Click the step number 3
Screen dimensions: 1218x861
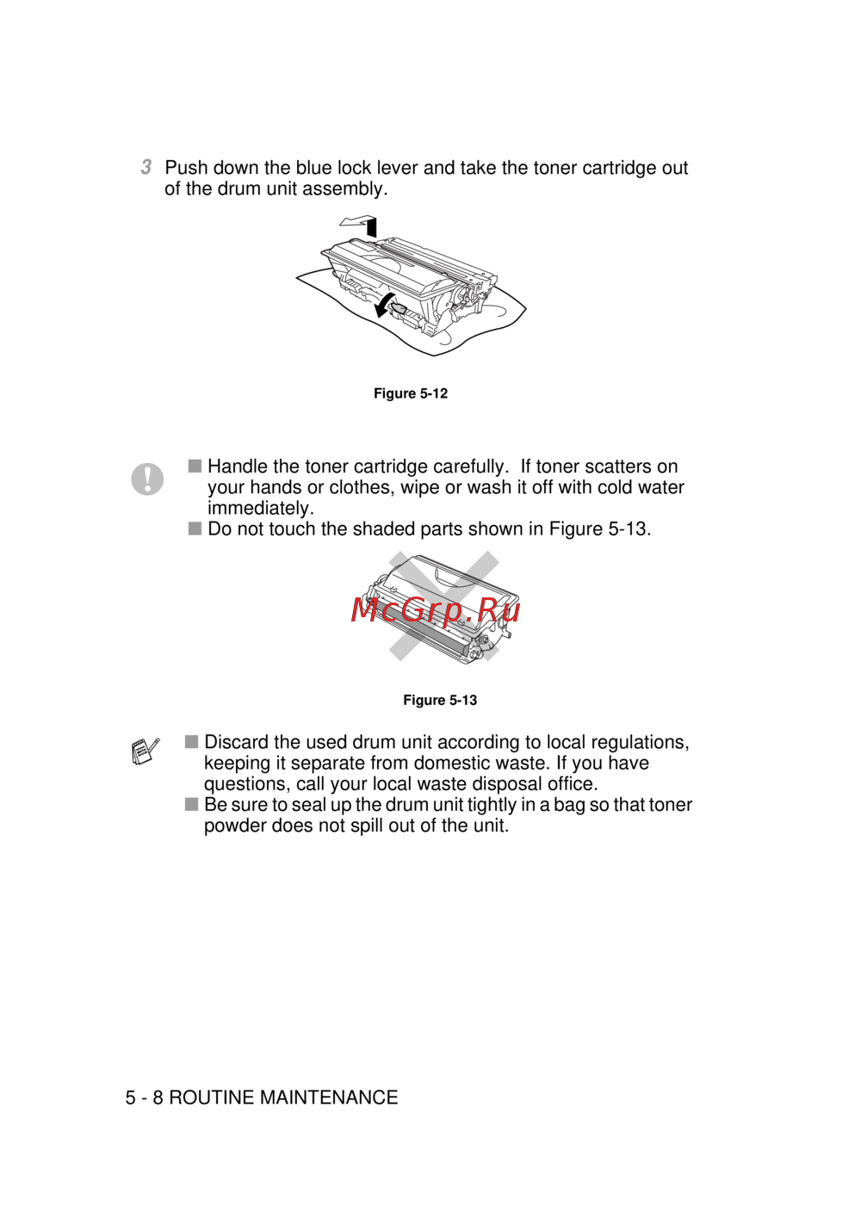tap(146, 167)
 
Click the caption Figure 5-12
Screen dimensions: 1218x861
tap(411, 393)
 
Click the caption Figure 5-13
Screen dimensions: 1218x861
tap(440, 701)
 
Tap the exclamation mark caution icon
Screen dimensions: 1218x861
tap(147, 479)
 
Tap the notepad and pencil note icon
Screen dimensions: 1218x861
tap(146, 751)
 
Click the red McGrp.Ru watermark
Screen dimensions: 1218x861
tap(436, 609)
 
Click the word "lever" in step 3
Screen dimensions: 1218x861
tap(396, 168)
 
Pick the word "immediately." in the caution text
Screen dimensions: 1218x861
tap(260, 509)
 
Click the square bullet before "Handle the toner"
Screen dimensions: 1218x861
tap(195, 466)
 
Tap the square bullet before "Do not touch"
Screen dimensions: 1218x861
tap(195, 529)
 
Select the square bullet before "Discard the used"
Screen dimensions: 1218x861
tap(191, 742)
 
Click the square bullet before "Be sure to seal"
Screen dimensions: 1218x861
tap(191, 805)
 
